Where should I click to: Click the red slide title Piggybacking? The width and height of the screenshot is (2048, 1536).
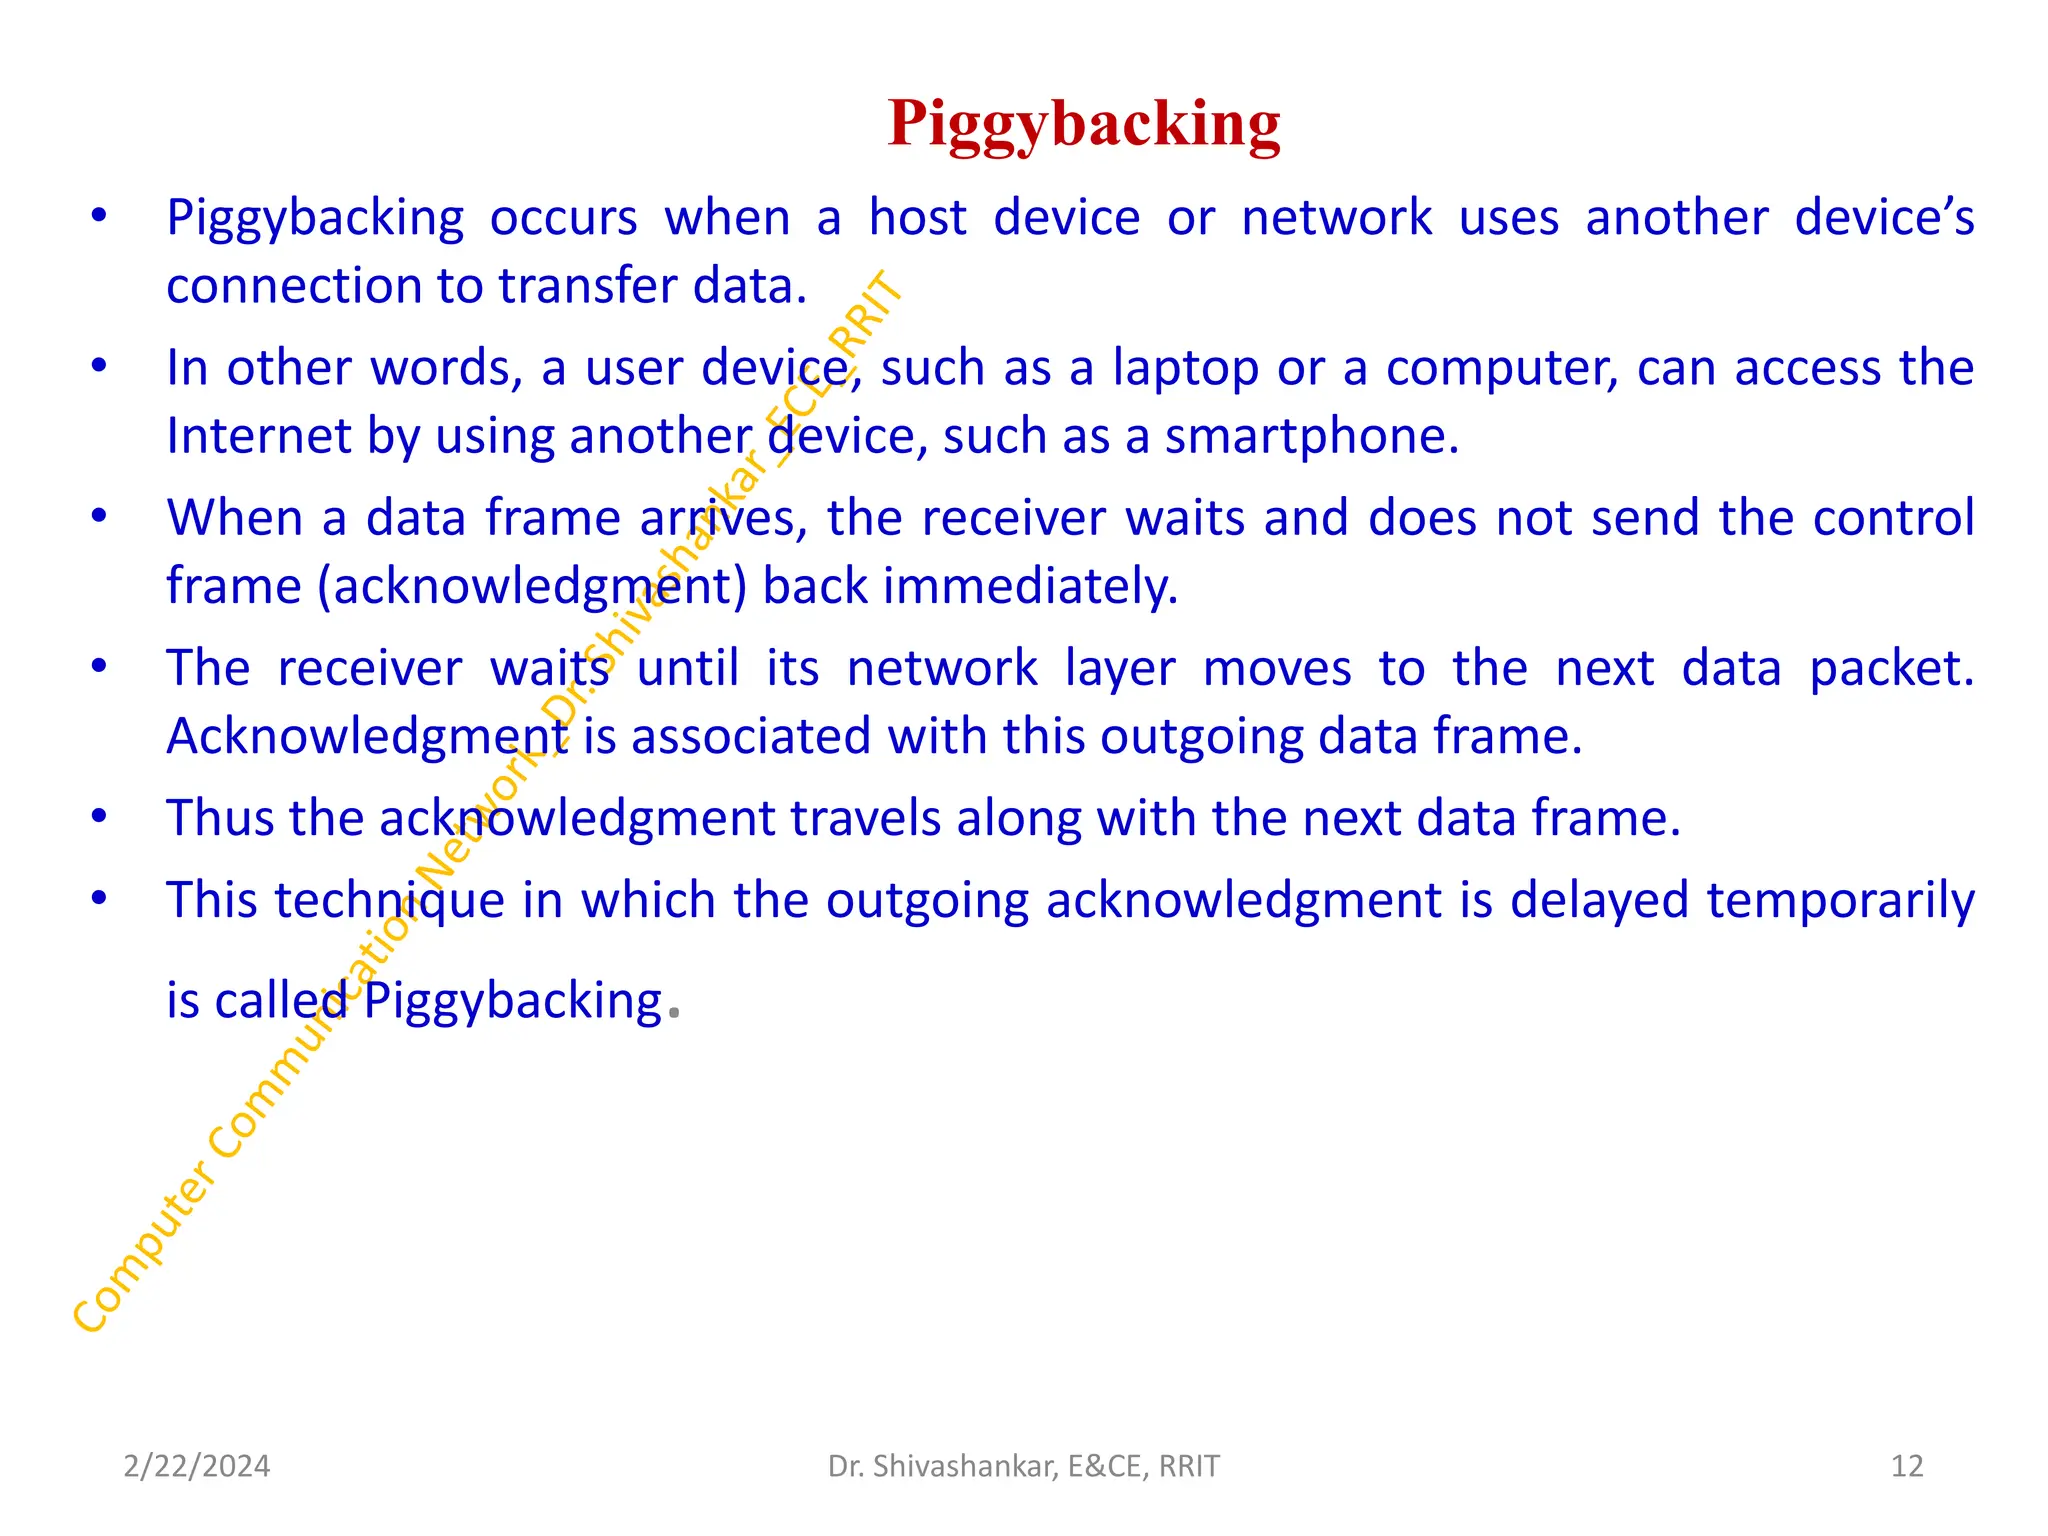(x=1084, y=124)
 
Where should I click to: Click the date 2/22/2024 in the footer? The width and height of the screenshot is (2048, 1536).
(x=196, y=1466)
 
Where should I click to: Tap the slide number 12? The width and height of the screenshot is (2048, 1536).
(x=1907, y=1466)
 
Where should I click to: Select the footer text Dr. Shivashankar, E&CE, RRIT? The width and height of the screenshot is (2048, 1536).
(x=1023, y=1466)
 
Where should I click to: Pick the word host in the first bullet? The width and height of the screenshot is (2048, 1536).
(x=917, y=218)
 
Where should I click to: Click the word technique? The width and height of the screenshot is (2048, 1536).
(x=390, y=901)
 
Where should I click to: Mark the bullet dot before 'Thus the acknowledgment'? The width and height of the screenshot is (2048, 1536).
(x=99, y=817)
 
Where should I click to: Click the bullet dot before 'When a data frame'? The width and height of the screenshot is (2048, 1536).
(x=99, y=517)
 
